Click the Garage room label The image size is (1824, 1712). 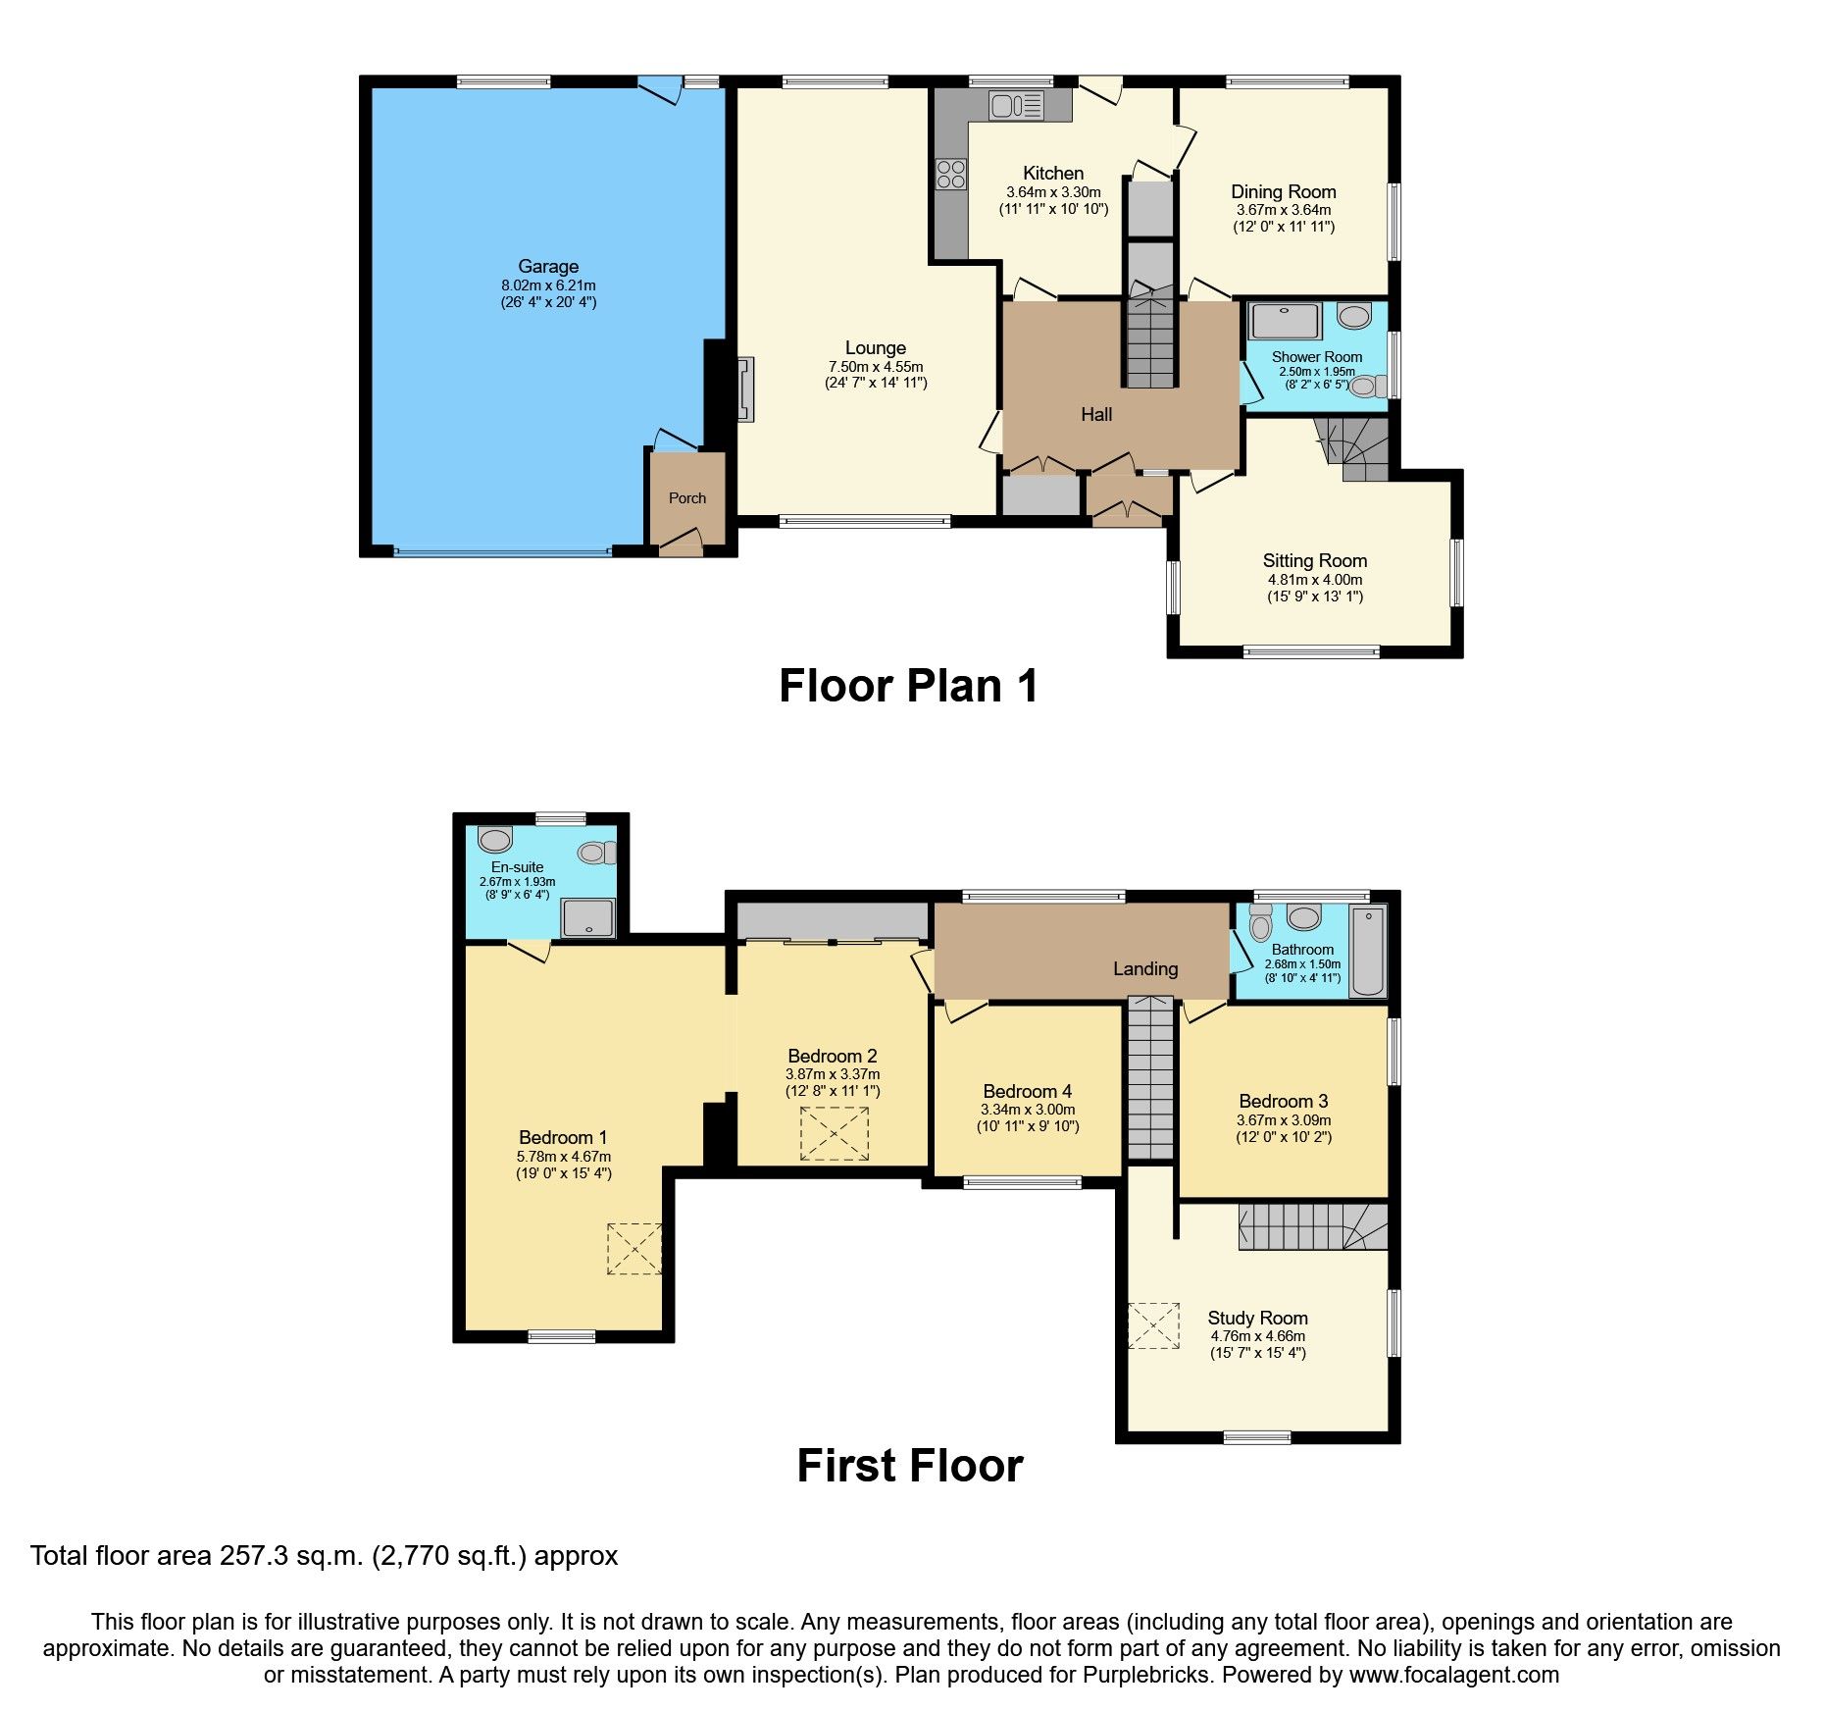click(548, 266)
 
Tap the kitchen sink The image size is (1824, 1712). click(1015, 104)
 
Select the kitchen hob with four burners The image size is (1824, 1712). click(950, 174)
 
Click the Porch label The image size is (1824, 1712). click(686, 497)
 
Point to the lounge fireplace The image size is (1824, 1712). click(746, 389)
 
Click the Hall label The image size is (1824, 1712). click(1095, 414)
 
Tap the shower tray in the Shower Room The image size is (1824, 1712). click(1284, 321)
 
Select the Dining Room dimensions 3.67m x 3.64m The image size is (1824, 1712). click(1283, 210)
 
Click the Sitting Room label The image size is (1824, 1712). click(1314, 560)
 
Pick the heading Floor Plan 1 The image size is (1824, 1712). click(908, 686)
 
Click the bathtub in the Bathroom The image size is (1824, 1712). click(1368, 952)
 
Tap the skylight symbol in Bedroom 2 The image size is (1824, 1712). click(834, 1133)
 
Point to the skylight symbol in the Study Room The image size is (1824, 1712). click(1153, 1325)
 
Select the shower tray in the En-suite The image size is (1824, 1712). click(587, 918)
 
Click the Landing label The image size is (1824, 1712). click(1144, 968)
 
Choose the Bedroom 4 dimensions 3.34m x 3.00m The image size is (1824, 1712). click(1027, 1110)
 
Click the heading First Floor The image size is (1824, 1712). click(909, 1466)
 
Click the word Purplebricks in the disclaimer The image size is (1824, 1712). click(1146, 1675)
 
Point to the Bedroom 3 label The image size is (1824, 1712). click(1283, 1101)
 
